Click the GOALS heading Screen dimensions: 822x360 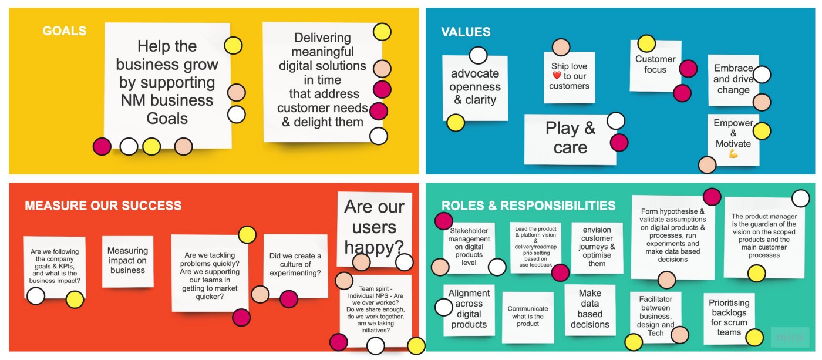coord(64,31)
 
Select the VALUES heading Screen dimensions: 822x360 coord(466,32)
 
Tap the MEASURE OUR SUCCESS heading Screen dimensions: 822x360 coord(103,206)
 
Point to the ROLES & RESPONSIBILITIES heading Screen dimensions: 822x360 coord(528,206)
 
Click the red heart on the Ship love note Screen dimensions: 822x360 coord(557,75)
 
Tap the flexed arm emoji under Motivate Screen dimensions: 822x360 coord(733,154)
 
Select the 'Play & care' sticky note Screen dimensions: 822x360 coord(570,139)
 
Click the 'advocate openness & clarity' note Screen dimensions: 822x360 coord(475,88)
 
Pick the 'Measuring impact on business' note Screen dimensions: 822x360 coord(128,261)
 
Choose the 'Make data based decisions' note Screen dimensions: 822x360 coord(590,309)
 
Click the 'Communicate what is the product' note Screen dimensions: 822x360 coord(528,317)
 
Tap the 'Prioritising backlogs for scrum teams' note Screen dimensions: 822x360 coord(729,318)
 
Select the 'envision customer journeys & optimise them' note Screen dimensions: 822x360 coord(597,248)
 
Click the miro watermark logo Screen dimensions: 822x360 coord(790,337)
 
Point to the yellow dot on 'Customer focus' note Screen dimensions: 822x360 coord(646,44)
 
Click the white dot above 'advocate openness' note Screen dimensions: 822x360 coord(478,55)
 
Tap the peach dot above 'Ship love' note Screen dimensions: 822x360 coord(561,48)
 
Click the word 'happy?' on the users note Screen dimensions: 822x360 coord(374,247)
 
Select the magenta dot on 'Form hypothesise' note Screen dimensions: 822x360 coord(712,196)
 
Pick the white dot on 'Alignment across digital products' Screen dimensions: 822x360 coord(444,307)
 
